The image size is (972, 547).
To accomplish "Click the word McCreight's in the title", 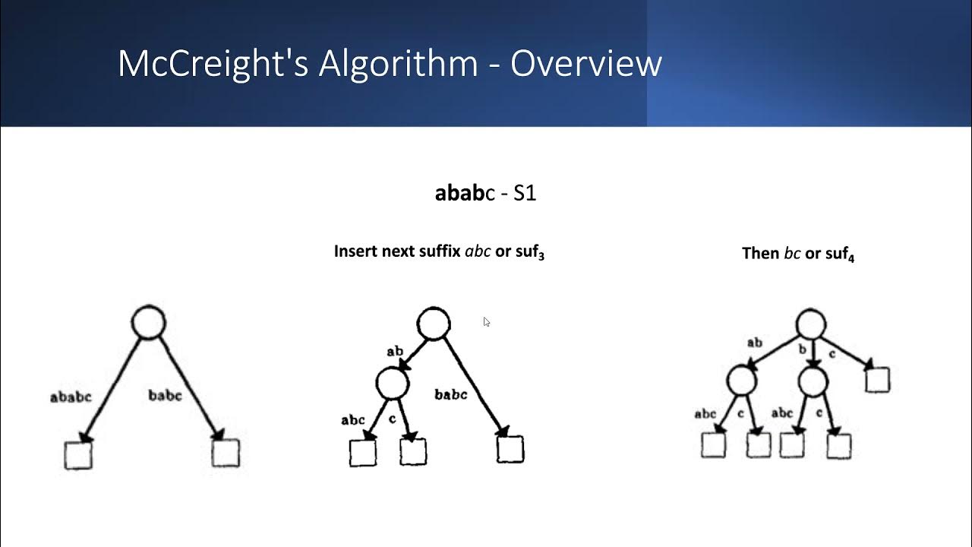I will (213, 64).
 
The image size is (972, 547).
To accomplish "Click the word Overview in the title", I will (585, 64).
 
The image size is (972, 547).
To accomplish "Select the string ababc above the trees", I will (464, 193).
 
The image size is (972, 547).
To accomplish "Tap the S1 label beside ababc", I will (525, 193).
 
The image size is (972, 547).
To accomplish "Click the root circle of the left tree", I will (148, 323).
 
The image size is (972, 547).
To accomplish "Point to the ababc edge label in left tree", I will (71, 397).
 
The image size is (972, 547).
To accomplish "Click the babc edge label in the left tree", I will (165, 395).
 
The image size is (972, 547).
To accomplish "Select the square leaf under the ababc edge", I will (78, 455).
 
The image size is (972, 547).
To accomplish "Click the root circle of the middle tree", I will (434, 324).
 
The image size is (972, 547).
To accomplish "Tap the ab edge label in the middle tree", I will (395, 351).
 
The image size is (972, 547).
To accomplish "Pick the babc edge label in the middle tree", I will (451, 394).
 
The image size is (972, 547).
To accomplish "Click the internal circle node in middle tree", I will (393, 384).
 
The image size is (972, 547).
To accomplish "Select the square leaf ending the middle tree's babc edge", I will (510, 448).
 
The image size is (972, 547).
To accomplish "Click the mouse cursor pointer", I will (486, 322).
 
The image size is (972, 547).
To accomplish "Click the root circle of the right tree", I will (811, 324).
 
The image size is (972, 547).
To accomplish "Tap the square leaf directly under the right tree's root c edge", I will (877, 379).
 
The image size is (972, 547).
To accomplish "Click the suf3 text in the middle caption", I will (530, 252).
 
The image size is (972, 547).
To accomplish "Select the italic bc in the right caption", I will (792, 254).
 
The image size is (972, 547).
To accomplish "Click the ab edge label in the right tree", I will (754, 343).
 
